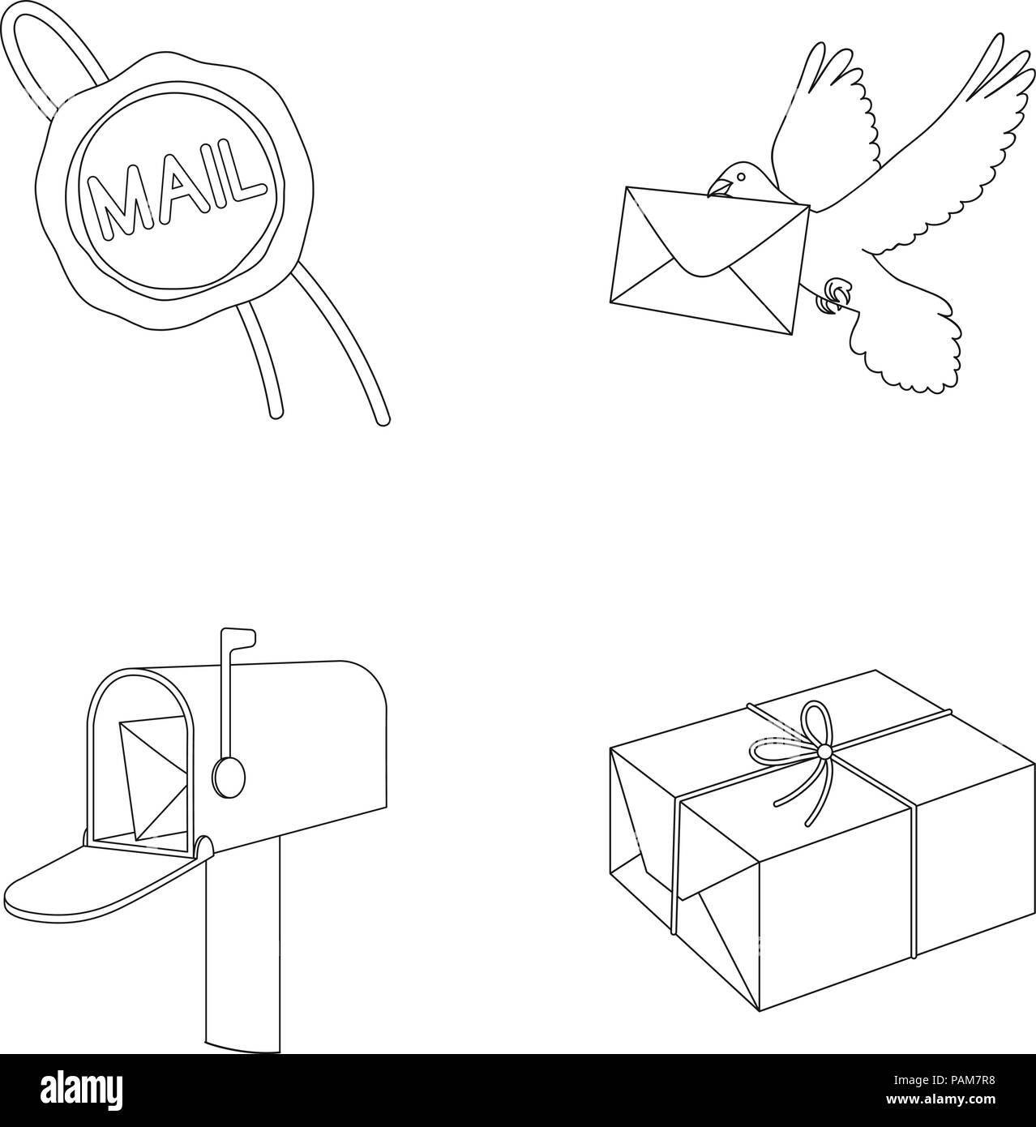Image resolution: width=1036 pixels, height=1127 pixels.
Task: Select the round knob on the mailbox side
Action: (x=228, y=776)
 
